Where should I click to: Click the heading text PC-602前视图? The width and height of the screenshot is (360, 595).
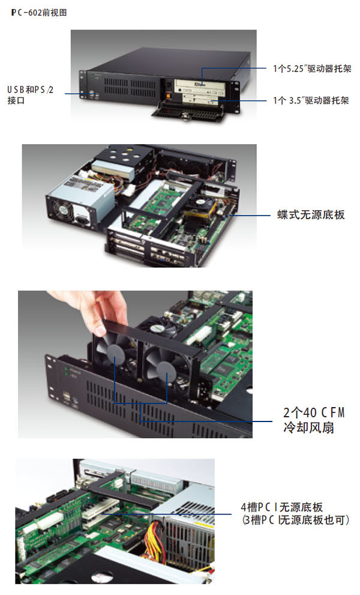tap(39, 13)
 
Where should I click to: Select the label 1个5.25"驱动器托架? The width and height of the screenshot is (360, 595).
tap(312, 68)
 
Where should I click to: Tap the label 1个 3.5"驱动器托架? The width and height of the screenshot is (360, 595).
tap(311, 100)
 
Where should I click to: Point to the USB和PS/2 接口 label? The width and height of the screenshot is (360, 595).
tap(30, 95)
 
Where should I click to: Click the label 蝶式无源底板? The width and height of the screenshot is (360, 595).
tap(311, 215)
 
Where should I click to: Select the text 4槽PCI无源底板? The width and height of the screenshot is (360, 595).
tap(282, 507)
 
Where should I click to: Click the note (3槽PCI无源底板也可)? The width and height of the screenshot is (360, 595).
tap(296, 520)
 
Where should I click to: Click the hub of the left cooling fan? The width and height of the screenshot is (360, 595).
tap(115, 354)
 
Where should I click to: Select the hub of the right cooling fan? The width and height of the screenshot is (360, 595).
tap(167, 371)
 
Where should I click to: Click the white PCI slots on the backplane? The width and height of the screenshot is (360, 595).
tap(100, 510)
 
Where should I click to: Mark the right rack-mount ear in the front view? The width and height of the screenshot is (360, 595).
tap(236, 97)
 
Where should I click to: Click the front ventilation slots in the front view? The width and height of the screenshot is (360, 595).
tap(130, 87)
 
